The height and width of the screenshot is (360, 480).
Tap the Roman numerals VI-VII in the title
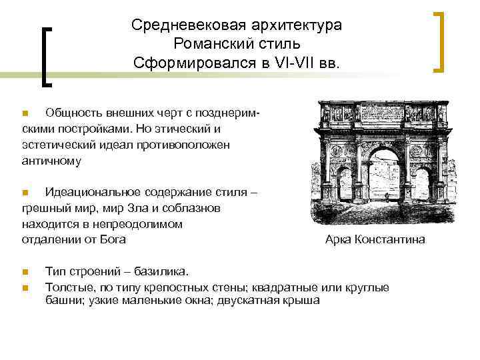point(299,63)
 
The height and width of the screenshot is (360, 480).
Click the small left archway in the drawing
point(344,186)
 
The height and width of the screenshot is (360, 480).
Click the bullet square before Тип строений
point(24,272)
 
